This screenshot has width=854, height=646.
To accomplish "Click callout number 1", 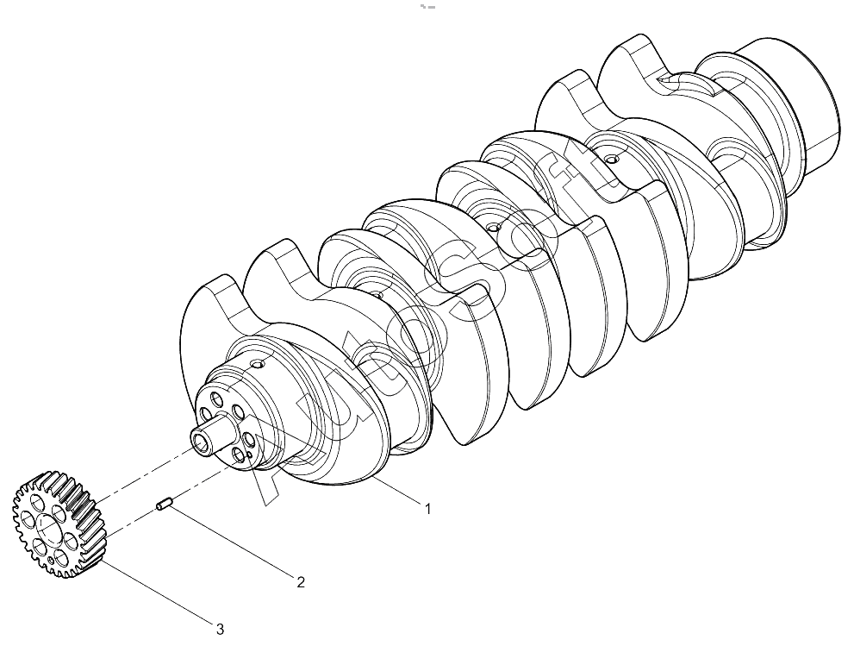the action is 428,509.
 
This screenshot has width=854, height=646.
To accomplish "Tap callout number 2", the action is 300,582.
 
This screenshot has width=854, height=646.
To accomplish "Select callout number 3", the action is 220,630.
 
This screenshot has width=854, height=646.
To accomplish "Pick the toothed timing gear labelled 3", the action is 58,524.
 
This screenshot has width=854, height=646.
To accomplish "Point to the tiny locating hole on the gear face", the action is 51,560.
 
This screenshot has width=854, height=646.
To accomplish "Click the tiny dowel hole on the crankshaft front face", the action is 249,454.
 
